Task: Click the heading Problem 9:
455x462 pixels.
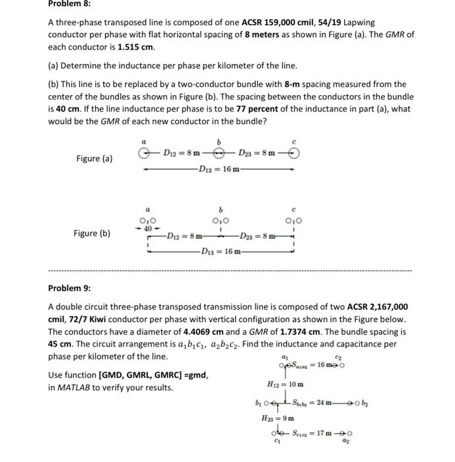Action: [69, 288]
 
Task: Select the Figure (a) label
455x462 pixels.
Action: [94, 158]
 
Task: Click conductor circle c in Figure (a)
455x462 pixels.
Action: [295, 153]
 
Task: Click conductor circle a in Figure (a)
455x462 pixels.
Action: [143, 153]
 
